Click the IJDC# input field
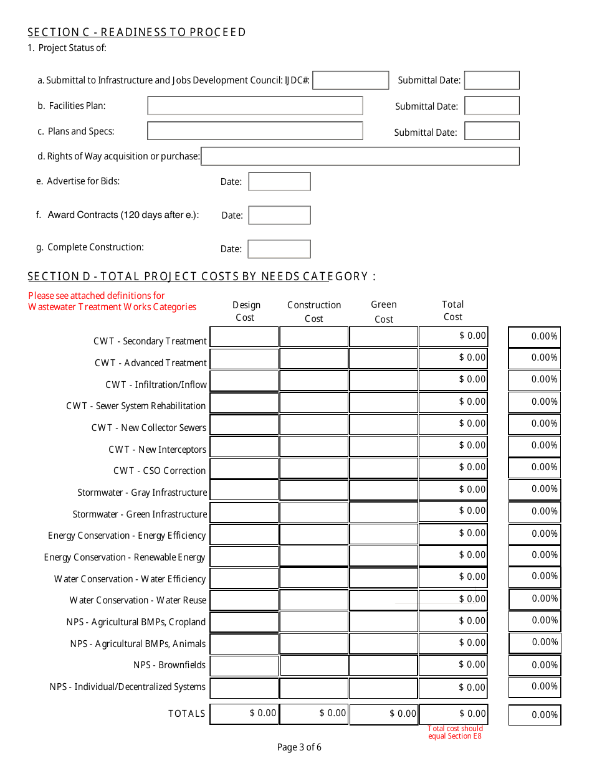point(350,80)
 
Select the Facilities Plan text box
point(255,106)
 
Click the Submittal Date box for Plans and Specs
point(492,131)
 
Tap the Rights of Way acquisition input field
point(360,156)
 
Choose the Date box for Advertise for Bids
point(279,182)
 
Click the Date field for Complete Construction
point(279,249)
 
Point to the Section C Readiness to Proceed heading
point(137,32)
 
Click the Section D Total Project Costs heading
point(201,277)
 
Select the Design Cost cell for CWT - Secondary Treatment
point(244,337)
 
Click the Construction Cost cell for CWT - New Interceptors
point(314,447)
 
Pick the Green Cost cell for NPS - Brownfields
point(383,666)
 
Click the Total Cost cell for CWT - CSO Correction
point(453,468)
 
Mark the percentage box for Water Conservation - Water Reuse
point(535,599)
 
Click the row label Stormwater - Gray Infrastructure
point(142,493)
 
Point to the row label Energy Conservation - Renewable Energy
point(125,557)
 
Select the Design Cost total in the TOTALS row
point(244,714)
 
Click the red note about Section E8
point(455,732)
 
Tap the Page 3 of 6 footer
point(299,748)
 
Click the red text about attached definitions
point(112,301)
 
